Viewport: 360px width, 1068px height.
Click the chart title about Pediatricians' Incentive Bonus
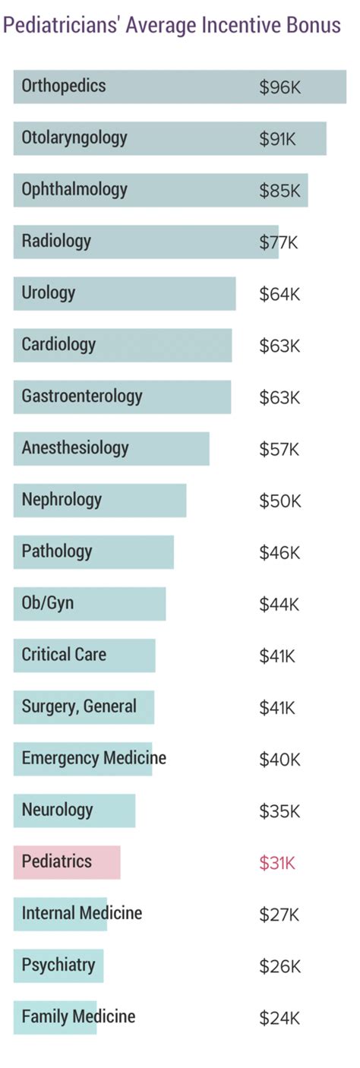172,27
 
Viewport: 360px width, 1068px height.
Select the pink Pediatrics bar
67,861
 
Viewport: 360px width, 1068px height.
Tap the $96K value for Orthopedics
279,87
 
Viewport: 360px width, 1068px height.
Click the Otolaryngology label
74,138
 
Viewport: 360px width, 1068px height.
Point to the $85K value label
279,191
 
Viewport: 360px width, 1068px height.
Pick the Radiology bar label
56,242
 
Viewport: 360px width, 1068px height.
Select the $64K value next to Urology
279,294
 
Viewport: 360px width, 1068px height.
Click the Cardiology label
58,345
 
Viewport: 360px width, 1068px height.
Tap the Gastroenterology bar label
81,397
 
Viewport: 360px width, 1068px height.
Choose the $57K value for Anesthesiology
279,449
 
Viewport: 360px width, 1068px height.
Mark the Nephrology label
62,500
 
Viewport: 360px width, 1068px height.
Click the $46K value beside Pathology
279,552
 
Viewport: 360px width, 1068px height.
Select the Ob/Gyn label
47,603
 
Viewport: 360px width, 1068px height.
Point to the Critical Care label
64,655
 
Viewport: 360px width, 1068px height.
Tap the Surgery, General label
79,706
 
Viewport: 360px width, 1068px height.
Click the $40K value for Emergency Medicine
279,759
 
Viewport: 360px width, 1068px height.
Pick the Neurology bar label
57,810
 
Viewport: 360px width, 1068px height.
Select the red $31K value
277,862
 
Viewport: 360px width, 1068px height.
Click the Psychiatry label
58,965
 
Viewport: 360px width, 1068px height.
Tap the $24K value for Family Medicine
279,1017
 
